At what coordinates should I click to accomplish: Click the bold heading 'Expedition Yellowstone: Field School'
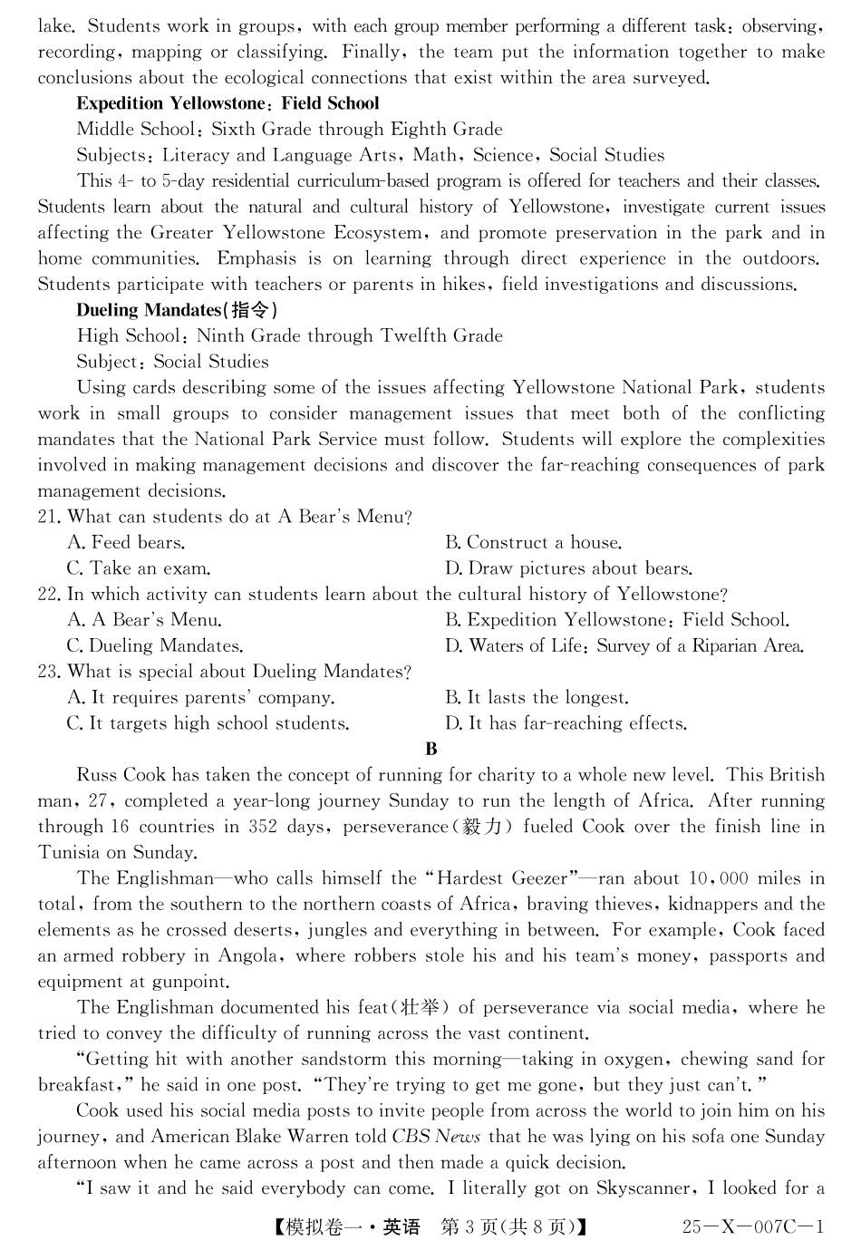click(227, 103)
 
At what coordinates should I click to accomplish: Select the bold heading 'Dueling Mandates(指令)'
click(177, 310)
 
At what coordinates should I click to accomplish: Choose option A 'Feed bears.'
click(126, 543)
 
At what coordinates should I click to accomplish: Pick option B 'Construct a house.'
click(533, 543)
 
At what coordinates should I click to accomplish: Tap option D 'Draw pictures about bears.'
click(568, 569)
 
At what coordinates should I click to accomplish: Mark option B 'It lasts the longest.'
click(537, 698)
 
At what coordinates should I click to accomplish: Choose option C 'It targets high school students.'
click(208, 723)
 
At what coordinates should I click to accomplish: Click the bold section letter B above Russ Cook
click(431, 749)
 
